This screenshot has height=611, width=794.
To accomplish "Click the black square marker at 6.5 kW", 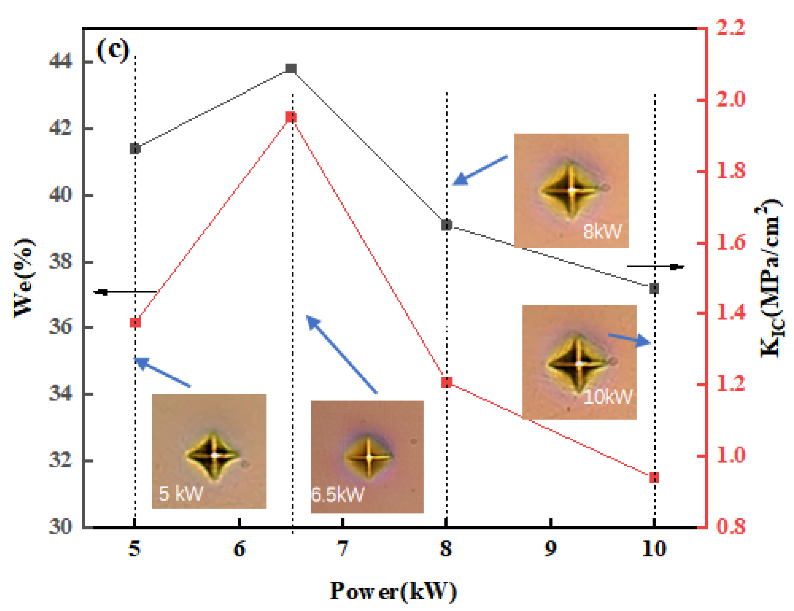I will tap(291, 68).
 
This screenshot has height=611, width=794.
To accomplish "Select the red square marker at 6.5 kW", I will tap(291, 117).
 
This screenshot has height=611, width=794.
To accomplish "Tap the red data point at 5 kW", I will tap(135, 323).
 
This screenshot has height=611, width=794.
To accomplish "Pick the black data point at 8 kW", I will tap(446, 225).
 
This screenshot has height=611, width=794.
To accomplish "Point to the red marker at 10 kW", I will tap(654, 477).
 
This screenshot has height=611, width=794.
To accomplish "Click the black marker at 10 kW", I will tap(654, 288).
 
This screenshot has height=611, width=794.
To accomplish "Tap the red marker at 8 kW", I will tap(447, 382).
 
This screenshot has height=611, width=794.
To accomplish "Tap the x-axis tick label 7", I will tap(342, 549).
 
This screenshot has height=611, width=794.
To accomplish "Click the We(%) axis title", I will tap(24, 278).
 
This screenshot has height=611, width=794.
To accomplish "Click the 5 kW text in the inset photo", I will tap(181, 494).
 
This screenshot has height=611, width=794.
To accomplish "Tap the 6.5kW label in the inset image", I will tap(337, 495).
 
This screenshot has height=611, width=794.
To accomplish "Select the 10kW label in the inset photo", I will tap(607, 397).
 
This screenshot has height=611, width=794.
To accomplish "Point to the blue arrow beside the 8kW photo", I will tap(480, 170).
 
